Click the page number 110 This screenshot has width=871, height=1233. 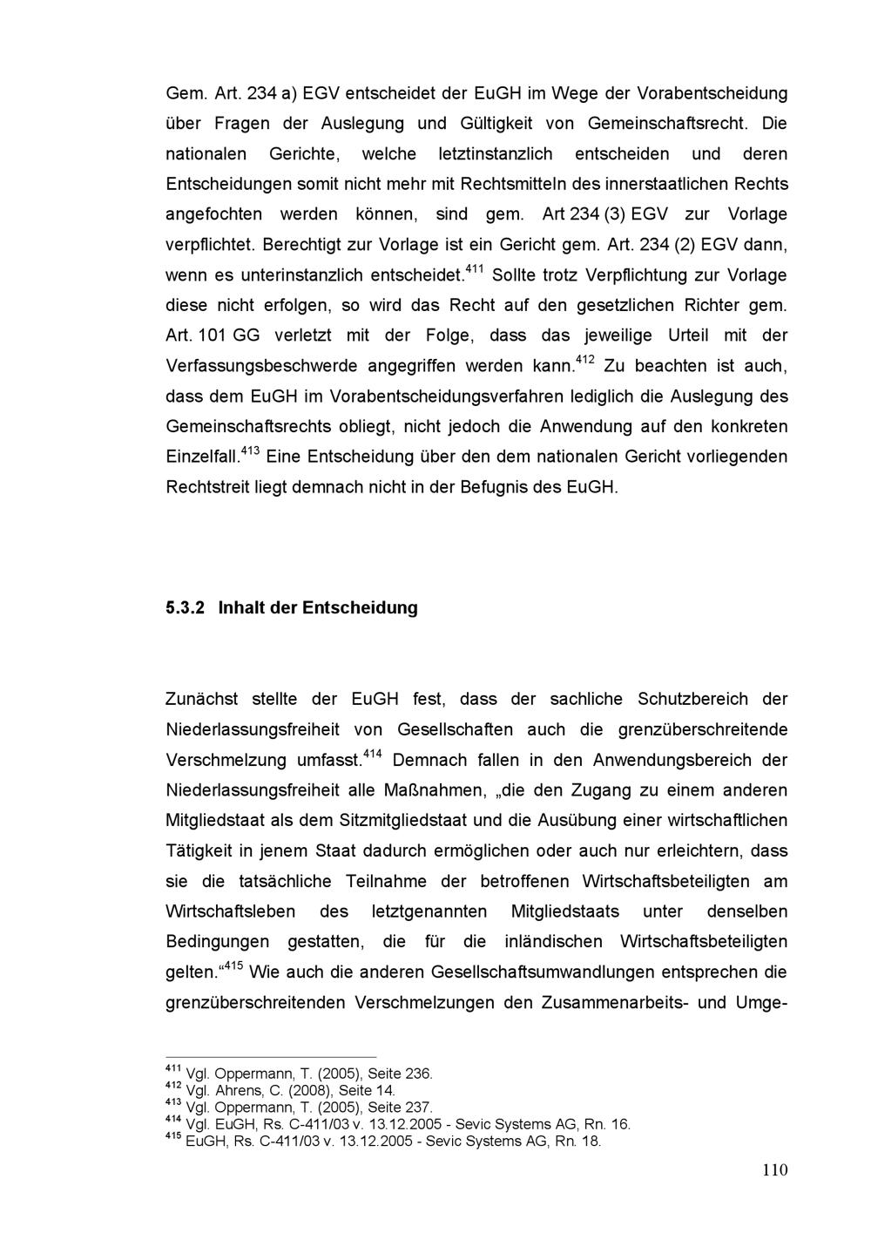pyautogui.click(x=773, y=1170)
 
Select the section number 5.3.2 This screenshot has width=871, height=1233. pyautogui.click(x=185, y=607)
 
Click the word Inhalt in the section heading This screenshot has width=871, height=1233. pyautogui.click(x=241, y=607)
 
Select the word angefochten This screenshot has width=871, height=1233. pyautogui.click(x=213, y=214)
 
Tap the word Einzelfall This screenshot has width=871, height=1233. pyautogui.click(x=201, y=457)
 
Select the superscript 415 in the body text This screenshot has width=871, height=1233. pyautogui.click(x=233, y=965)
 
